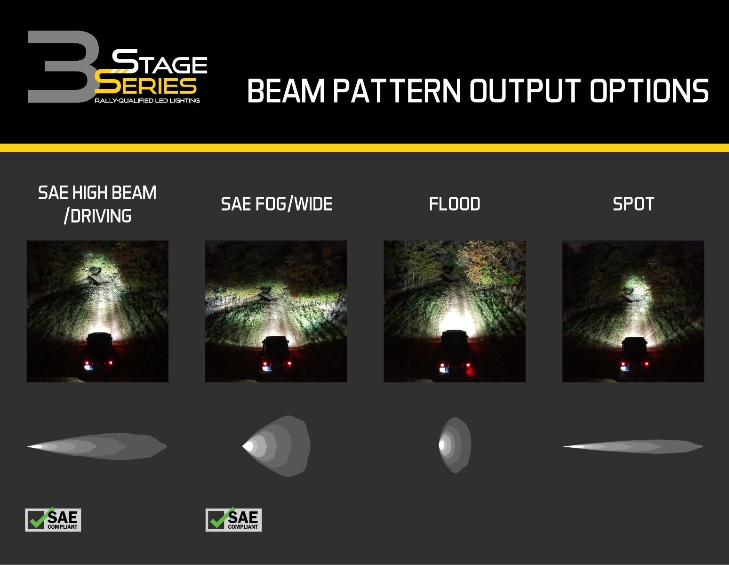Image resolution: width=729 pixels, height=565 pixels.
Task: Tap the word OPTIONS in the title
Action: (x=649, y=91)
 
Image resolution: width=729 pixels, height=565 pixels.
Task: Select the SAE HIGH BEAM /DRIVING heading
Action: (x=97, y=204)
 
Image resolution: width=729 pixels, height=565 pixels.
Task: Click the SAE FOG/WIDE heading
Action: (x=276, y=204)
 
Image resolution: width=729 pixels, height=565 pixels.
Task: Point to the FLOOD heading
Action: (x=454, y=204)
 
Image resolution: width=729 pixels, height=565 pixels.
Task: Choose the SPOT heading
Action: (x=633, y=204)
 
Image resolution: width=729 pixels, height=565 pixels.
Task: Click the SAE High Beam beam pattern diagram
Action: (x=97, y=446)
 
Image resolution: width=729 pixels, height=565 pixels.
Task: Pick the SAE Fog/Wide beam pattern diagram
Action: (x=277, y=446)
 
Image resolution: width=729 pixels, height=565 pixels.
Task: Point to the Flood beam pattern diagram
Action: (x=455, y=445)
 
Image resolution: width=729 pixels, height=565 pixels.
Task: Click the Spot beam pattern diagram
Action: (x=633, y=446)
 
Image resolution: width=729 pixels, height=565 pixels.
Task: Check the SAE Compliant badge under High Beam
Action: (x=53, y=520)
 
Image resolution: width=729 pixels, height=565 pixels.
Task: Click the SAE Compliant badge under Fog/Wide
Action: (x=233, y=520)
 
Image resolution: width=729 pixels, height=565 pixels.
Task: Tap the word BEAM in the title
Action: (x=286, y=91)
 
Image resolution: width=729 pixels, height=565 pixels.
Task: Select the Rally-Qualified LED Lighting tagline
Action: (x=147, y=100)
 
